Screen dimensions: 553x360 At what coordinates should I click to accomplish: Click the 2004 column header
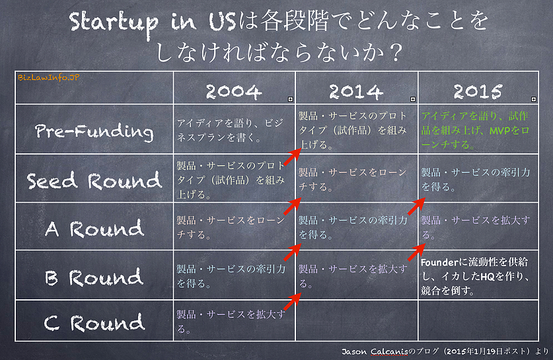pos(234,91)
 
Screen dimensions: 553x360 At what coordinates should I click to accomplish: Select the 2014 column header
pos(356,91)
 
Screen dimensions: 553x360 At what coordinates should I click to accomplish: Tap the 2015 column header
pos(478,91)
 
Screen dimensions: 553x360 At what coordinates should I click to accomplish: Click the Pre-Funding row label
pos(94,131)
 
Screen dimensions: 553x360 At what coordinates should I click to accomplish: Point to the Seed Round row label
pos(94,180)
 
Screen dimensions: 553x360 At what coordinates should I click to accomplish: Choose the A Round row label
pos(94,229)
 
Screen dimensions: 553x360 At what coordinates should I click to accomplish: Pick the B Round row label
pos(94,277)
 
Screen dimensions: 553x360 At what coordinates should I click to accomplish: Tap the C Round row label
pos(94,322)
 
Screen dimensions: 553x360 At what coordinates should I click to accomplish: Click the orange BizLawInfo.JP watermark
pos(49,77)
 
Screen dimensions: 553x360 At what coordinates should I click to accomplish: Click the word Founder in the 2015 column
pos(439,262)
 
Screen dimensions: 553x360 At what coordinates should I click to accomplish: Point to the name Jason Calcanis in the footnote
pos(375,351)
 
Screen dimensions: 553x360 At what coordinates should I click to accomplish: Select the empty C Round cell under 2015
pos(478,320)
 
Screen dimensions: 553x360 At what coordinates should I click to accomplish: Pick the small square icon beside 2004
pos(290,99)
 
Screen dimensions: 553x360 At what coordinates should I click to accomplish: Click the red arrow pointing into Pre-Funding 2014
pos(293,157)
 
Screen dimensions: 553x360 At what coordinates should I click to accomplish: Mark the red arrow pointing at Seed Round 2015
pos(416,206)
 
